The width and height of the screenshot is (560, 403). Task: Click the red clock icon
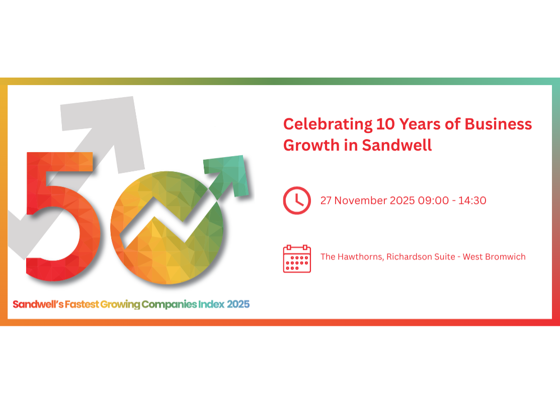point(297,200)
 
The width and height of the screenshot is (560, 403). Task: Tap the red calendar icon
point(297,258)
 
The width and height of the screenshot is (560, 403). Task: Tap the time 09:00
point(432,200)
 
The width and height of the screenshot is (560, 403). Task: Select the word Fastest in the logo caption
point(82,304)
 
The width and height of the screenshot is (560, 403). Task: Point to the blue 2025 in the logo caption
point(238,304)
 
